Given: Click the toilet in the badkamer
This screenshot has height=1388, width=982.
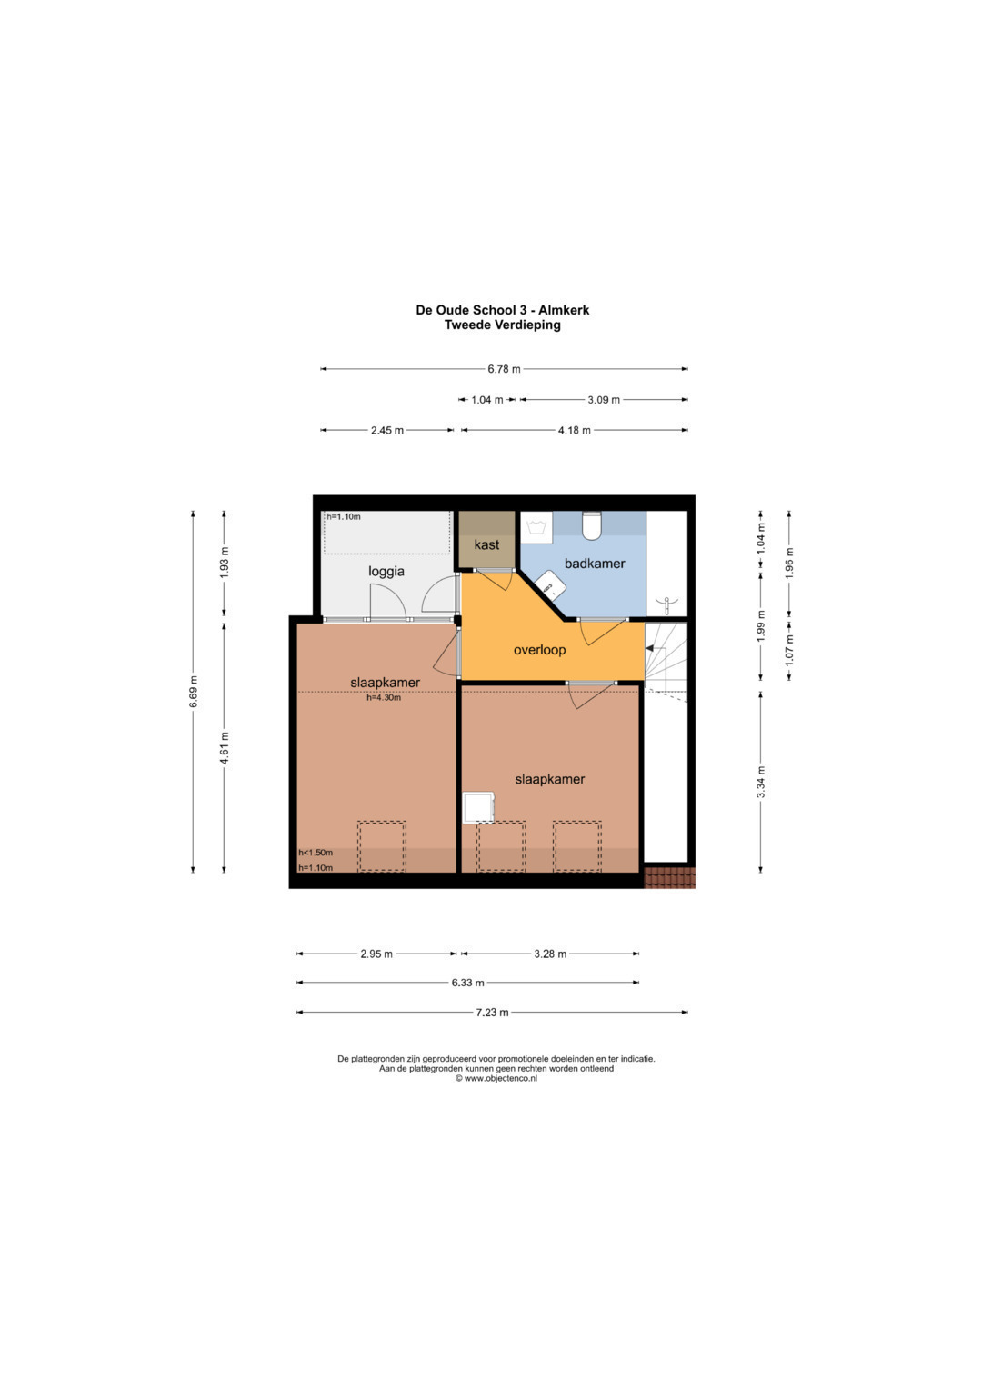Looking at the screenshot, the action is click(591, 525).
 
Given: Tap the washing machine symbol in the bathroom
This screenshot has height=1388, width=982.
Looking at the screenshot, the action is click(536, 528).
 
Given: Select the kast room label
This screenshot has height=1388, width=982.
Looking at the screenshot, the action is click(486, 544).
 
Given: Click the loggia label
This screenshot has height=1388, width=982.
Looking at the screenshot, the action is click(386, 572).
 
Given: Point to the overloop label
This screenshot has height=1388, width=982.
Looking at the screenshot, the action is click(539, 650).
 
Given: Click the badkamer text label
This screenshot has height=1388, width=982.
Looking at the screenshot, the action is click(595, 564).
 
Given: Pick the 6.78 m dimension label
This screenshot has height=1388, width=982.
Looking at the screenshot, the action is click(504, 369).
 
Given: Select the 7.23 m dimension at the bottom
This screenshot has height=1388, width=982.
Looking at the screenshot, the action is click(492, 1013).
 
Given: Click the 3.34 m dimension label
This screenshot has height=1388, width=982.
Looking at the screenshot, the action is click(761, 782).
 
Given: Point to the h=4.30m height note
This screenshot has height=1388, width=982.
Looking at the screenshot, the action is click(384, 697).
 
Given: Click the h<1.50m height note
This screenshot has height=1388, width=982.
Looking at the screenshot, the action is click(316, 853).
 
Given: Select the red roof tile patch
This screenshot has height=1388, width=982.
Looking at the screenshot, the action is click(670, 877).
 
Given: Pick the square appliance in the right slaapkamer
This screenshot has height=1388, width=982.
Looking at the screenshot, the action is click(479, 807).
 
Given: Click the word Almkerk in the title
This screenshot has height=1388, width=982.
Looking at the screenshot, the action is click(564, 310).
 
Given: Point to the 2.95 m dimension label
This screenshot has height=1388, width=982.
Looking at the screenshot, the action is click(376, 954).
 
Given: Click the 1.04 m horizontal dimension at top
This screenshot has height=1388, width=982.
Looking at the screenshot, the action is click(487, 400).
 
